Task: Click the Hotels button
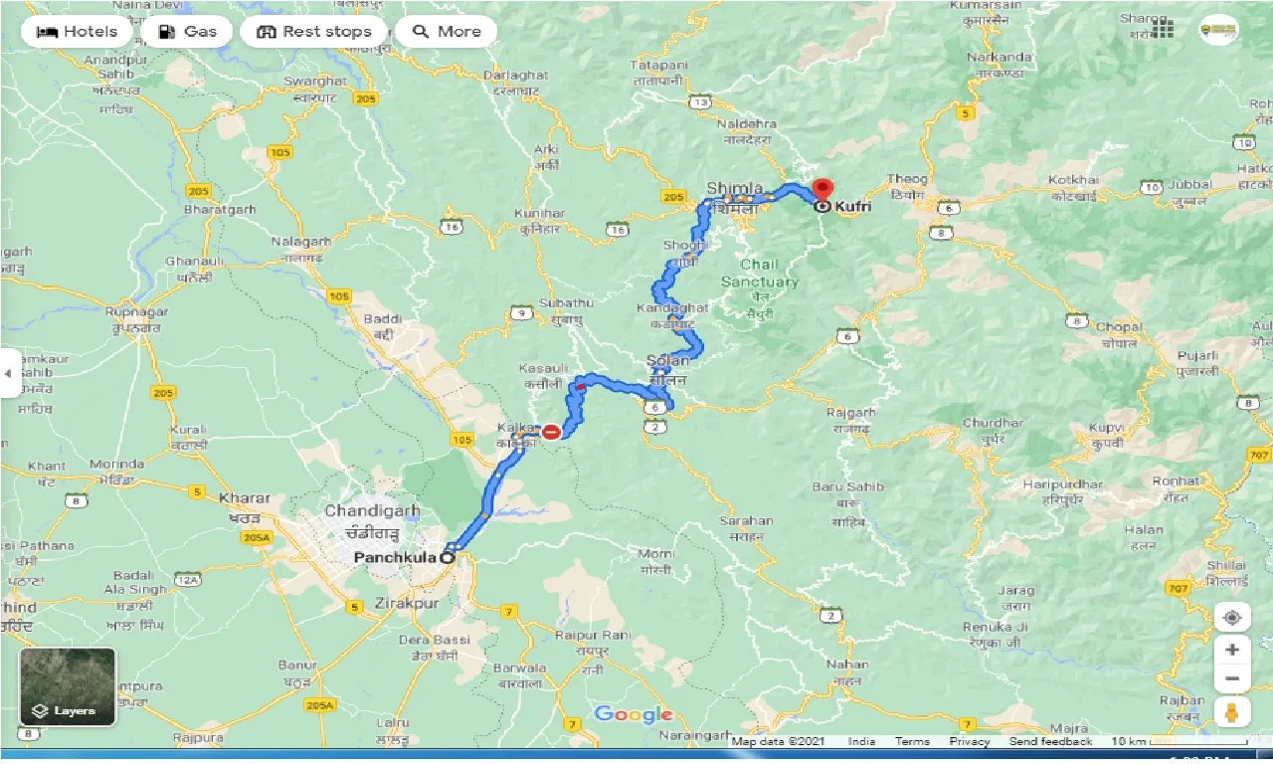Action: click(x=76, y=32)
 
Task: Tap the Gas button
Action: click(x=186, y=32)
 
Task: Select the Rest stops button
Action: click(x=313, y=32)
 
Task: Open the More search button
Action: click(x=446, y=32)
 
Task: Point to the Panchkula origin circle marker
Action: click(x=447, y=558)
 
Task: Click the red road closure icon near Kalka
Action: click(x=550, y=432)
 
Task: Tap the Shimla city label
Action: click(x=735, y=189)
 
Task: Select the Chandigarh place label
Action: click(x=372, y=510)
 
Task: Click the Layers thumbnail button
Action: click(x=67, y=686)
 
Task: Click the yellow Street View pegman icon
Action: click(x=1232, y=711)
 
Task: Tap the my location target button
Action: click(x=1232, y=618)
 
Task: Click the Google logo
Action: click(x=634, y=715)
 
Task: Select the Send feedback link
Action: click(x=1050, y=741)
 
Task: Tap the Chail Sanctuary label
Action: click(x=759, y=274)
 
